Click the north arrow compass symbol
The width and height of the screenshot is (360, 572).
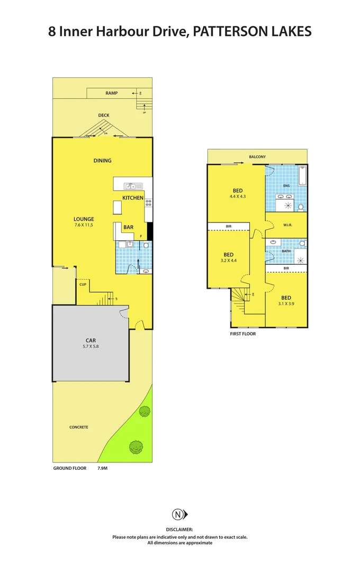pyautogui.click(x=179, y=514)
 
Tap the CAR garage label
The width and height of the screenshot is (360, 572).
pyautogui.click(x=91, y=341)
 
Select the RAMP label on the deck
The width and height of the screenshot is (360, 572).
pyautogui.click(x=111, y=93)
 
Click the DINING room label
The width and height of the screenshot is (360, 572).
pyautogui.click(x=102, y=160)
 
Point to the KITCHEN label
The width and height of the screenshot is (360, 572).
pyautogui.click(x=133, y=198)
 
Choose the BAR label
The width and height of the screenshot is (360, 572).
pyautogui.click(x=128, y=227)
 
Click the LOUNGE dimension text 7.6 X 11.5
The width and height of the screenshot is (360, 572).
pyautogui.click(x=84, y=225)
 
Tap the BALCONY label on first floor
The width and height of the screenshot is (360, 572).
pyautogui.click(x=257, y=157)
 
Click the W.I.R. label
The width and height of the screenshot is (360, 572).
pyautogui.click(x=287, y=225)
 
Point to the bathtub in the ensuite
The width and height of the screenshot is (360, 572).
pyautogui.click(x=302, y=176)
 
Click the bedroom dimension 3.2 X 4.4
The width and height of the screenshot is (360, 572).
pyautogui.click(x=228, y=261)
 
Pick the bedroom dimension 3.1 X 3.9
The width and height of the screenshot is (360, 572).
pyautogui.click(x=285, y=303)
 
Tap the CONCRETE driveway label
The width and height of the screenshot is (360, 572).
pyautogui.click(x=78, y=427)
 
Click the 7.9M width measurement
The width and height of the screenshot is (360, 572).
pyautogui.click(x=103, y=469)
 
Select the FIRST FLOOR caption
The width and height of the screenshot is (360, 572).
pyautogui.click(x=244, y=334)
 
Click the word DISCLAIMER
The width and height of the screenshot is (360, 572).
pyautogui.click(x=179, y=529)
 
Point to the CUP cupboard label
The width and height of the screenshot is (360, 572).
pyautogui.click(x=83, y=284)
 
